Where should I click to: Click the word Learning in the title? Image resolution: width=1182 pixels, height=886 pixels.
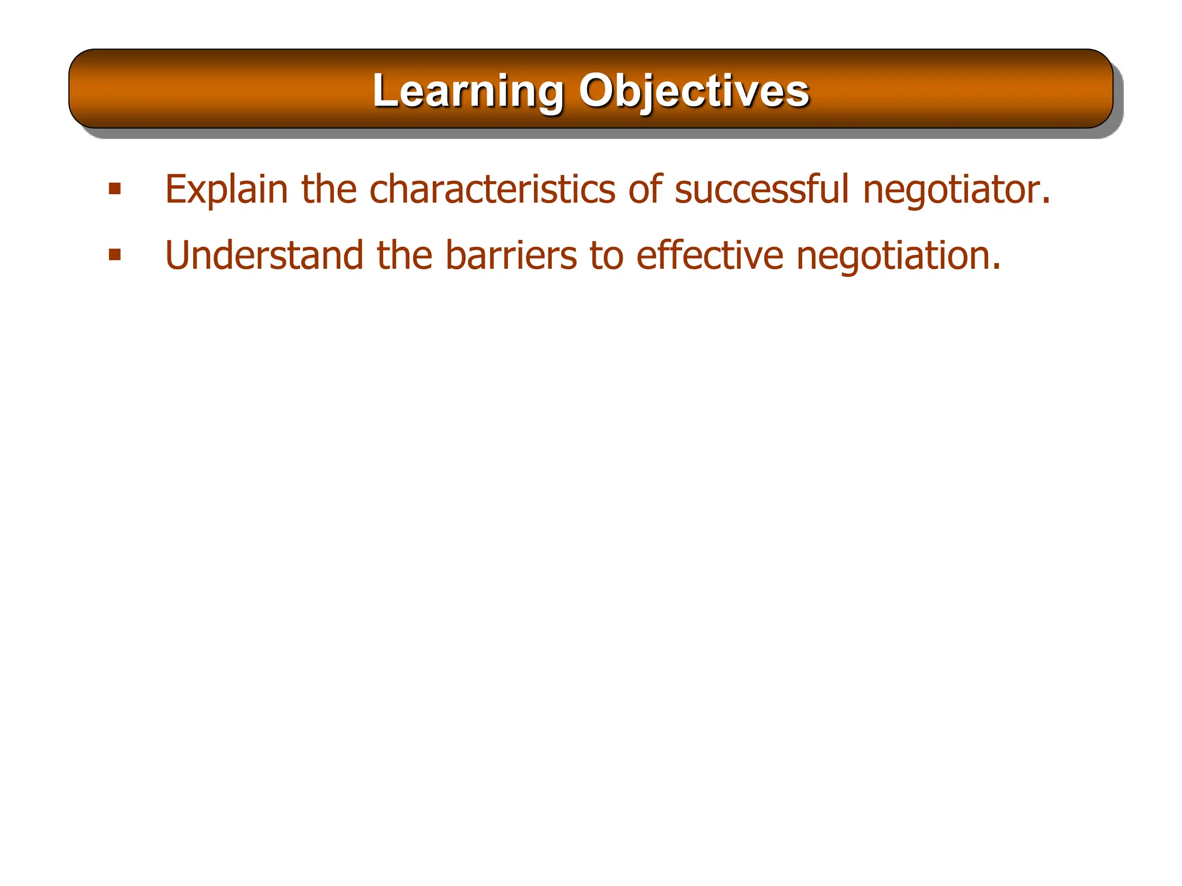[x=467, y=91]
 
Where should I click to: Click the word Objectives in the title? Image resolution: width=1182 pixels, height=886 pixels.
[x=694, y=91]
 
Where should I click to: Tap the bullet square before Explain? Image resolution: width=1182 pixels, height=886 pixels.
[x=115, y=189]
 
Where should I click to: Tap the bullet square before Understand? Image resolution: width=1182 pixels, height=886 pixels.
[x=115, y=255]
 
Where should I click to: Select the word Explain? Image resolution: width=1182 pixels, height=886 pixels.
[x=226, y=189]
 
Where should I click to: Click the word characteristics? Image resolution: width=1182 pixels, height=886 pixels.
[x=492, y=189]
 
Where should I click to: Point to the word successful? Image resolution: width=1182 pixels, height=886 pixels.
[x=762, y=189]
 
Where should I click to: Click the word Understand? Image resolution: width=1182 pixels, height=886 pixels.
[x=264, y=256]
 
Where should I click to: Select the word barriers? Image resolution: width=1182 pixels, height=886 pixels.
[x=511, y=256]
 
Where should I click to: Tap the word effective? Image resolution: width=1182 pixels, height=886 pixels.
[x=709, y=256]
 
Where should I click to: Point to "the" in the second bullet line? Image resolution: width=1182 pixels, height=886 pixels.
[x=405, y=256]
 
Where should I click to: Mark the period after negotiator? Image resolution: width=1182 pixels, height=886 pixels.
[x=1045, y=202]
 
